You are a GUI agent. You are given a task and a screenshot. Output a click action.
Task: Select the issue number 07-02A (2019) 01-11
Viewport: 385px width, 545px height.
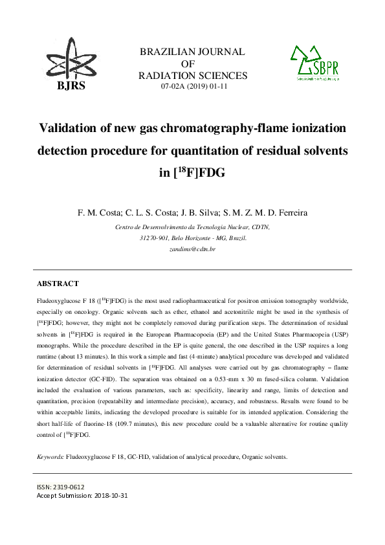click(x=193, y=87)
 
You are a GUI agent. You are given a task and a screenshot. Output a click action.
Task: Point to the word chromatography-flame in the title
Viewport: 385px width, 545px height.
click(x=214, y=127)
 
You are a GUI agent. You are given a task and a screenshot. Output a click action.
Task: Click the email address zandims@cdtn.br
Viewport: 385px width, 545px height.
click(x=192, y=249)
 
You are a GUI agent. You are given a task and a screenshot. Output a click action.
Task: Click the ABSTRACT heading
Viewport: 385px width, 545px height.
click(x=58, y=284)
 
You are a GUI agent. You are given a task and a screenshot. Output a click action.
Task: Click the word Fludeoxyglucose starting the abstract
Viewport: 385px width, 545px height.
click(x=56, y=301)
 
